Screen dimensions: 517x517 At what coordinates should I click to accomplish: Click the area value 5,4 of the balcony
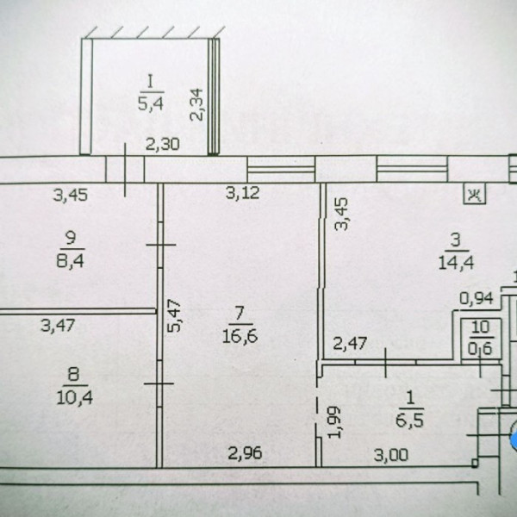151,104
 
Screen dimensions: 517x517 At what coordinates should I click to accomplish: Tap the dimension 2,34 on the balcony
196,104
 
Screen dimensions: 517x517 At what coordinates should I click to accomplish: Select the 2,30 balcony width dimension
163,145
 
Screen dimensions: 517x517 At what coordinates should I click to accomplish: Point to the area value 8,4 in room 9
71,261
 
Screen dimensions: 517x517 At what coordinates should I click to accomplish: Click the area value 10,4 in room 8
74,397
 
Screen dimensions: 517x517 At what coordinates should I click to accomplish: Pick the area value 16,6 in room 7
240,337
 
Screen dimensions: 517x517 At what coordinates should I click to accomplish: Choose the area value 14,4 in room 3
456,264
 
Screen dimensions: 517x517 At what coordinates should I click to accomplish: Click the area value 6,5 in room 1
409,421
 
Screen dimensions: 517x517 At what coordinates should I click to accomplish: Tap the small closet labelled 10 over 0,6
481,339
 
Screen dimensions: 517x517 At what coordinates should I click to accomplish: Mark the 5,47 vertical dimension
174,315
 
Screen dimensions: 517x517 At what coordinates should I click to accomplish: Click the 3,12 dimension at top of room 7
243,193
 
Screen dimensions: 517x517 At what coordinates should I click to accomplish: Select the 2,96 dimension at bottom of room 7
245,453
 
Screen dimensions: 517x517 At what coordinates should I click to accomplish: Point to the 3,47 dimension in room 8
58,325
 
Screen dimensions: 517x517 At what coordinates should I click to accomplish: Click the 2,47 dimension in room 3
350,344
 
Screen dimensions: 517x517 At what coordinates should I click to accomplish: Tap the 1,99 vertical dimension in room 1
334,422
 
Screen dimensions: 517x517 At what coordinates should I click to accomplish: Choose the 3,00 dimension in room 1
391,456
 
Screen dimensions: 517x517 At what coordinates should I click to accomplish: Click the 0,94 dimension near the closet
477,299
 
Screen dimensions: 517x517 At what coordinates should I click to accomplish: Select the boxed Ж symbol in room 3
475,195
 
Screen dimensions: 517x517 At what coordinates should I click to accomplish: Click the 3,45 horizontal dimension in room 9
71,196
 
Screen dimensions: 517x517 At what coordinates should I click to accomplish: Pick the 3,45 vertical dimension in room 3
341,214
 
